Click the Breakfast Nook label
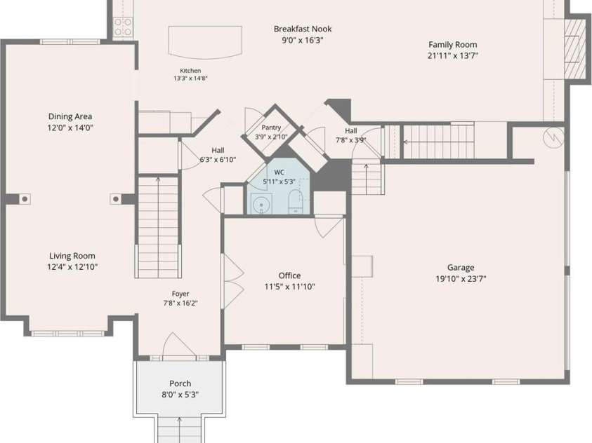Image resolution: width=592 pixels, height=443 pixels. [303, 29]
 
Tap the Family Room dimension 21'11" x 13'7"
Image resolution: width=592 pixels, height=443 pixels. [453, 56]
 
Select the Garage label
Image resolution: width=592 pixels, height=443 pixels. [461, 268]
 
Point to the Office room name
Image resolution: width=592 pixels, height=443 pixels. [289, 275]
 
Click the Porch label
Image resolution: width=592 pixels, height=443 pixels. [180, 383]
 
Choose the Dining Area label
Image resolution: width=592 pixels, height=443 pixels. [70, 116]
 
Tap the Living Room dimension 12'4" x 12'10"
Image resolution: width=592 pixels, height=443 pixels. [72, 267]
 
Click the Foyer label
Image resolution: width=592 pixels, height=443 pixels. [180, 294]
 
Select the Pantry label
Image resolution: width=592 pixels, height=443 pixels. [271, 128]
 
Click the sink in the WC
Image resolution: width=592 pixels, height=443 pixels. [262, 204]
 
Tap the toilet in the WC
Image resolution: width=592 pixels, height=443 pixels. [295, 202]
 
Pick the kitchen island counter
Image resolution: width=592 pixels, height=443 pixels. [205, 42]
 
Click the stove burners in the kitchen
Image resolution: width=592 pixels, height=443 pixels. [123, 27]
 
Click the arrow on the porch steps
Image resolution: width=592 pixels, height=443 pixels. [179, 430]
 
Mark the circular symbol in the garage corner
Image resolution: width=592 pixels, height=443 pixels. [553, 137]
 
